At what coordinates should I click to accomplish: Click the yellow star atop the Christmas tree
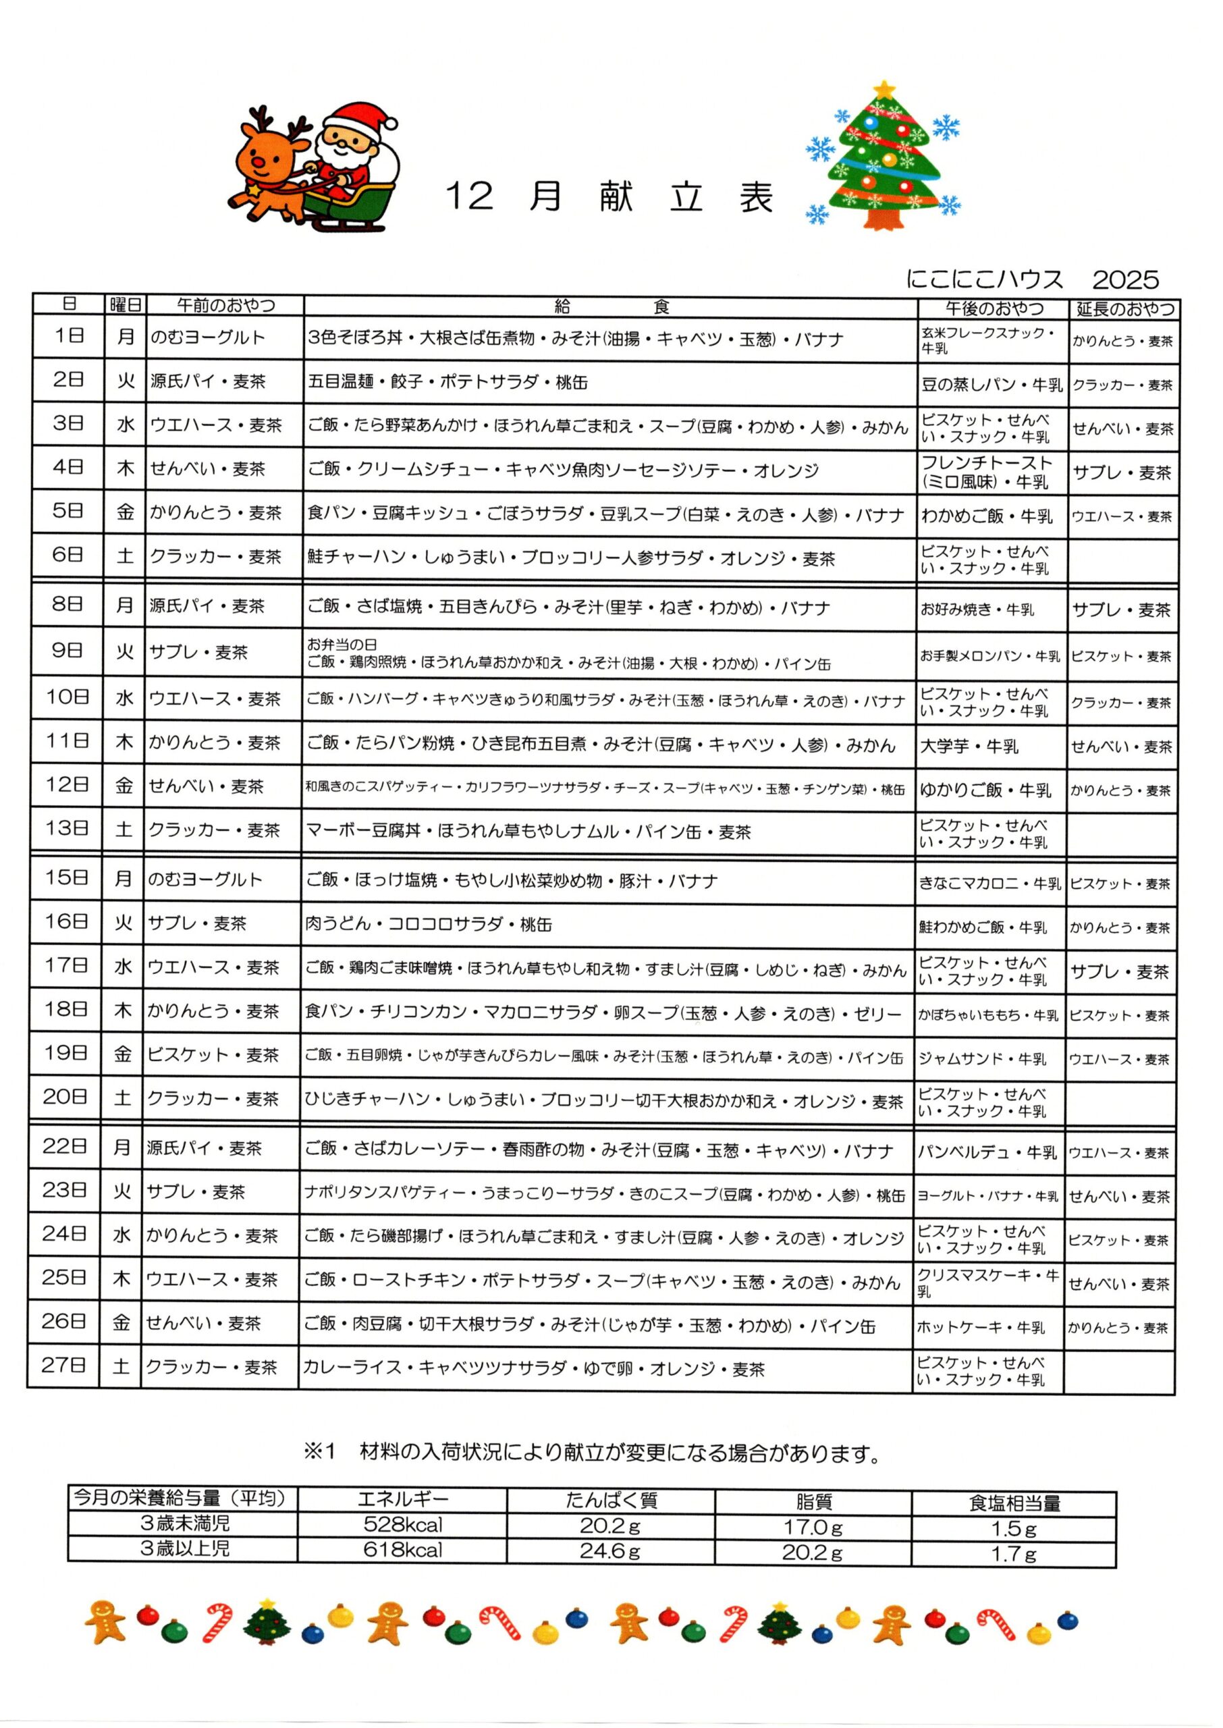click(886, 88)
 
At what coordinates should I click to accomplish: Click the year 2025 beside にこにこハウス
click(1125, 280)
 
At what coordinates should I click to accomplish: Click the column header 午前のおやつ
click(226, 305)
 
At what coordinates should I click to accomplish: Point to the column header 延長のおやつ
click(1124, 308)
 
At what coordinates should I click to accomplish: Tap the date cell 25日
click(64, 1278)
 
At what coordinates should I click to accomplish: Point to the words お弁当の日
click(342, 645)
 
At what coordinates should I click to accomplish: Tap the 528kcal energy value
click(403, 1525)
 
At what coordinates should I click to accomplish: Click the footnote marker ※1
click(319, 1452)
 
